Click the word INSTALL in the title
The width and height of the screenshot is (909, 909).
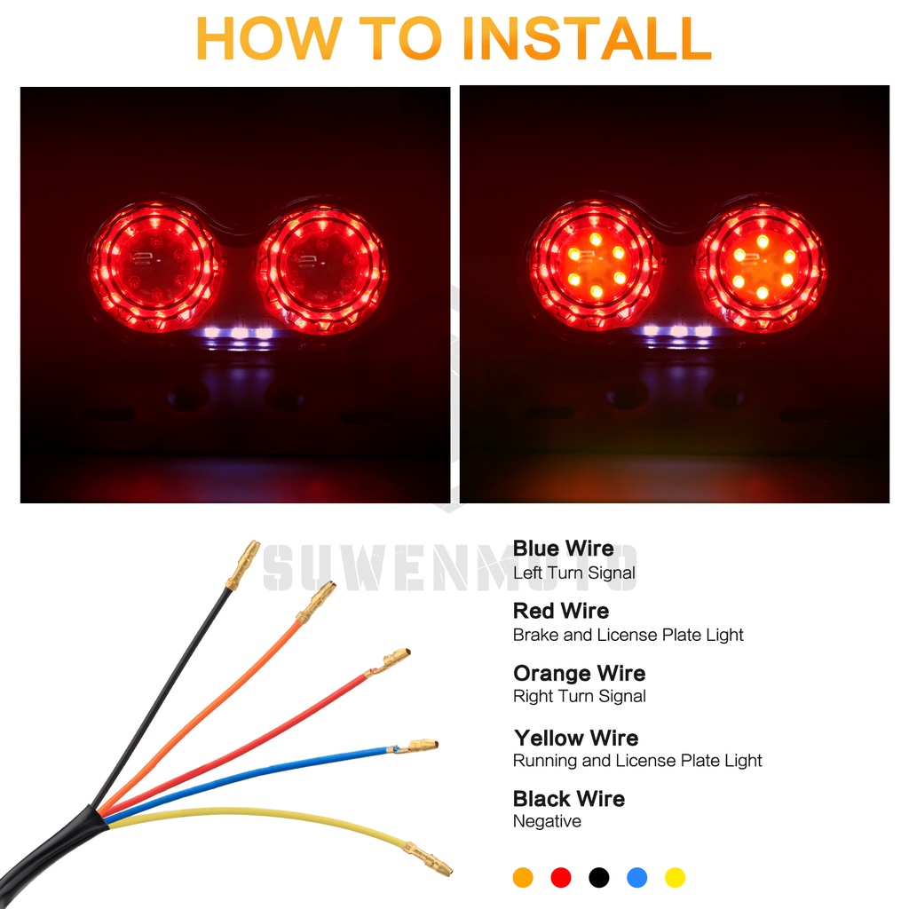click(587, 38)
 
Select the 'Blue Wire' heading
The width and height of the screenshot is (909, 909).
click(563, 548)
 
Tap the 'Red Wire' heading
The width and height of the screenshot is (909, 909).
click(561, 611)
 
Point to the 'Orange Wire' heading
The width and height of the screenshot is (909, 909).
click(579, 673)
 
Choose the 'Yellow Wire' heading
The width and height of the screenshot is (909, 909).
click(576, 738)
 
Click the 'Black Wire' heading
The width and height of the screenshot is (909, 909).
click(569, 799)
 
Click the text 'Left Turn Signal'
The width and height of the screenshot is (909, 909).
click(574, 573)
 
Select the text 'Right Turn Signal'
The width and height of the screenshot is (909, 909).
click(579, 696)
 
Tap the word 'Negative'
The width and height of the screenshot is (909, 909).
click(547, 821)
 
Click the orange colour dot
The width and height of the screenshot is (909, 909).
click(523, 877)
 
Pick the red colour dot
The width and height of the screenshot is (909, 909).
click(561, 877)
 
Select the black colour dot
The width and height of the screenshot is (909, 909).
click(599, 877)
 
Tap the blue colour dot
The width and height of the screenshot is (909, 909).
click(637, 877)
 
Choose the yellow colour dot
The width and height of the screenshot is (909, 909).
click(675, 877)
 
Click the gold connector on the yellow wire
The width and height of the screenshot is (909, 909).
click(428, 859)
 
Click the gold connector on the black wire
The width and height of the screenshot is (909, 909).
click(243, 564)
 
